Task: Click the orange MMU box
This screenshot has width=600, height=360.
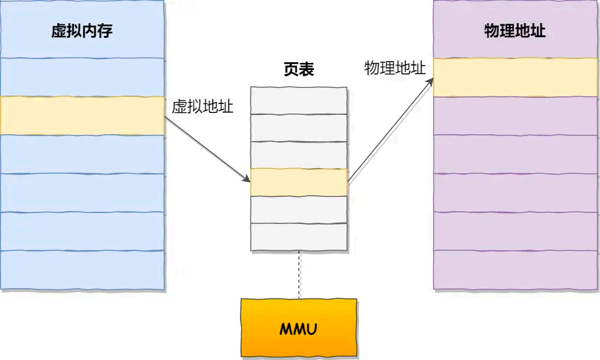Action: pyautogui.click(x=298, y=327)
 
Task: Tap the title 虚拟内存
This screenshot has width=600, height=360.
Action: pyautogui.click(x=82, y=31)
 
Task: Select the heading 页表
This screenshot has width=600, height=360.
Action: pyautogui.click(x=298, y=70)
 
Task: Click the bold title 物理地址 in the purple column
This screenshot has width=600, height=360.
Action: pyautogui.click(x=515, y=31)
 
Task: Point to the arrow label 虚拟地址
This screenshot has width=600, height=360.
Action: pyautogui.click(x=202, y=107)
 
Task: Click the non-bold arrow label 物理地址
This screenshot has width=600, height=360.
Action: pyautogui.click(x=395, y=69)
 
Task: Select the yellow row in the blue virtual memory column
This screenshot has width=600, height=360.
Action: pyautogui.click(x=82, y=116)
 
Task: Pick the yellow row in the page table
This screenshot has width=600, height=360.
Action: pyautogui.click(x=298, y=182)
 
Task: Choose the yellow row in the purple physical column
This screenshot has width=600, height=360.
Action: pyautogui.click(x=516, y=77)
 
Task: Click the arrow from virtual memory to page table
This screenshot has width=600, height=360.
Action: pyautogui.click(x=207, y=154)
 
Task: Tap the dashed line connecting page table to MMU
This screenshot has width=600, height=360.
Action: pyautogui.click(x=299, y=275)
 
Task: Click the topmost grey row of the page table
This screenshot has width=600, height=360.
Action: pyautogui.click(x=298, y=99)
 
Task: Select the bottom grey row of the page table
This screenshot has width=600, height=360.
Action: pyautogui.click(x=298, y=237)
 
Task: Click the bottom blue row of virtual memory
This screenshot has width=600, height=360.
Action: pyautogui.click(x=82, y=270)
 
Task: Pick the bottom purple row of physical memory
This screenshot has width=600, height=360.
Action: pyautogui.click(x=516, y=270)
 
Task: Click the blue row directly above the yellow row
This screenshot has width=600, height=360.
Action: pyautogui.click(x=82, y=77)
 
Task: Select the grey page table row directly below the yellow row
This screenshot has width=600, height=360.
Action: pyautogui.click(x=298, y=209)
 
